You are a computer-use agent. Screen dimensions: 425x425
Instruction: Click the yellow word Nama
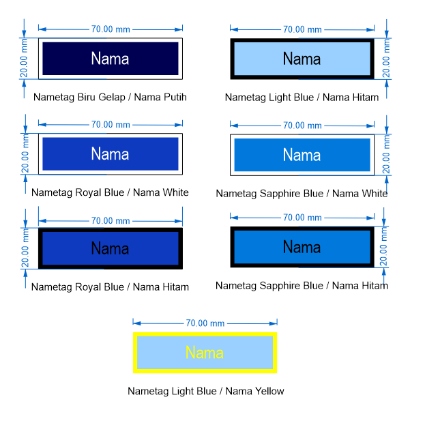coord(205,353)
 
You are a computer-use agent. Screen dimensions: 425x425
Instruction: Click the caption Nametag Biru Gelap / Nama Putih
coord(110,97)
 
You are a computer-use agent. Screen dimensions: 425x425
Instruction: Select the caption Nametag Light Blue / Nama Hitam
coord(302,98)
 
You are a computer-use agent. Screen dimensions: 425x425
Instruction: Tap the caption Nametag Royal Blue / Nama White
coord(110,192)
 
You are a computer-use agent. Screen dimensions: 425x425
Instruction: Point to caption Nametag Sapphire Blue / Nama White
coord(302,194)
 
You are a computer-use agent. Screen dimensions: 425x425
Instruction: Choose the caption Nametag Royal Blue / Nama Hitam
coord(110,287)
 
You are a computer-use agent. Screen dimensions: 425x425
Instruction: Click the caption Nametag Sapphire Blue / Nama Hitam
coord(302,285)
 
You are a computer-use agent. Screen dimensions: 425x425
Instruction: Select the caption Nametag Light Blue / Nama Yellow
coord(206,391)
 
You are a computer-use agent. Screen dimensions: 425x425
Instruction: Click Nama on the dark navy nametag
coord(110,59)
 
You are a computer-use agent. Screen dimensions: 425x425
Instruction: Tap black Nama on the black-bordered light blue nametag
coord(302,59)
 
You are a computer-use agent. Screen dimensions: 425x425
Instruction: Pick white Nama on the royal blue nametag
coord(110,153)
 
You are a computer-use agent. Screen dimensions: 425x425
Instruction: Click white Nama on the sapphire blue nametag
coord(302,155)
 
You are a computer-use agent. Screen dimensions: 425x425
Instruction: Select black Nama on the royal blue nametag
coord(110,248)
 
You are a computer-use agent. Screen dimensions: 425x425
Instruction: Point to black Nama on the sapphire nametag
coord(302,247)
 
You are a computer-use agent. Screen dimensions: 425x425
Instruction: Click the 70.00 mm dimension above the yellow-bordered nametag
coord(205,323)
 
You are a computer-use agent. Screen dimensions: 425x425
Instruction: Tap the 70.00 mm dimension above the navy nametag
coord(111,29)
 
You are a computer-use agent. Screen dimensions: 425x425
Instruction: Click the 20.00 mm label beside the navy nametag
coord(25,59)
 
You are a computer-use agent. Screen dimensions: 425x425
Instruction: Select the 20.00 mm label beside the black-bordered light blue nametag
coord(386,59)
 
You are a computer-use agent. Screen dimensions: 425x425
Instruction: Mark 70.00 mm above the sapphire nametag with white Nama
coord(303,125)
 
